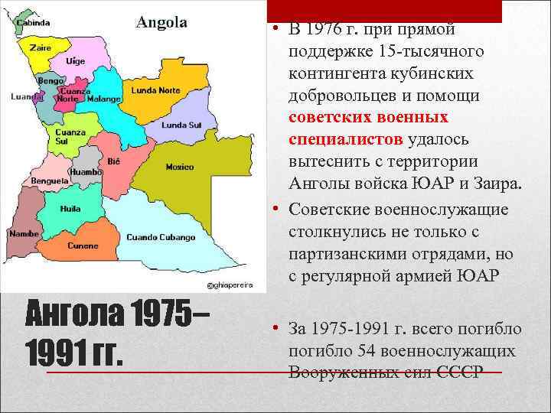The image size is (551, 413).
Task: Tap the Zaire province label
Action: (x=40, y=47)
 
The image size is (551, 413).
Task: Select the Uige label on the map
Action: (x=76, y=60)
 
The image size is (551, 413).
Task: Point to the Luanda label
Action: (x=26, y=97)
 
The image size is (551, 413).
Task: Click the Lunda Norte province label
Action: (x=155, y=90)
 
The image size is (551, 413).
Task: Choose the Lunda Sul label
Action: (x=181, y=124)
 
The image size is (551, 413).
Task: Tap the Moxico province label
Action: (x=181, y=166)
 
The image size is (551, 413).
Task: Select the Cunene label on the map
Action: (x=83, y=246)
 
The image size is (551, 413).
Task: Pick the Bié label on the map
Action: (x=114, y=162)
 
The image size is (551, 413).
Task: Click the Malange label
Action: (x=103, y=99)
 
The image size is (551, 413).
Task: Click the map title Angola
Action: (x=161, y=22)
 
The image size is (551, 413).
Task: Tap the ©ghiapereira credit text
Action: (x=230, y=285)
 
